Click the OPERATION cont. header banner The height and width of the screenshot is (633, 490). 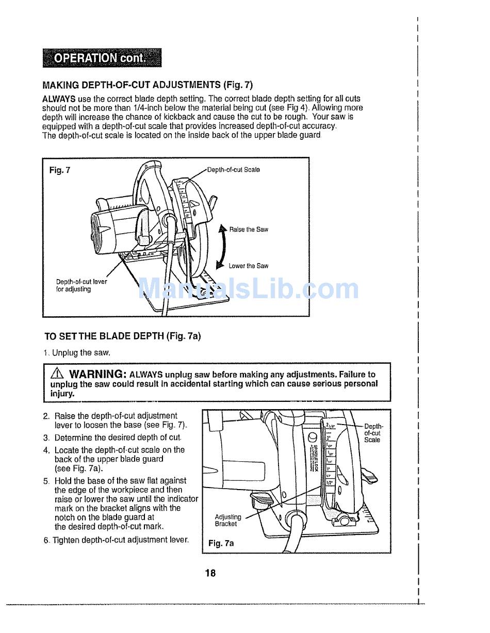102,58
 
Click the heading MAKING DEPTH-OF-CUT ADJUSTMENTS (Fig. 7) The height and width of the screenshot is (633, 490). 147,85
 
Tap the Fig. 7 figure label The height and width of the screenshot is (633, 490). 59,170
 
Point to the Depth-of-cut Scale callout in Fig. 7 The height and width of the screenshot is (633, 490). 233,170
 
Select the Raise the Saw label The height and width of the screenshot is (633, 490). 249,230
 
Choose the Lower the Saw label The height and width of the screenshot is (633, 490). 248,266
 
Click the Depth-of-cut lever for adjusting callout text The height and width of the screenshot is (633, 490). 81,286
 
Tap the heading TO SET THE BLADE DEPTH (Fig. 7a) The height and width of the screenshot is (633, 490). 122,336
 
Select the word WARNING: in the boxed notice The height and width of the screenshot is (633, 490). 97,374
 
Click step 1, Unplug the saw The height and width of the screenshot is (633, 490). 77,353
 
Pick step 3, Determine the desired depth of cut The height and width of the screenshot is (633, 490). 112,437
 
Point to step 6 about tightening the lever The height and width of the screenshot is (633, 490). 116,540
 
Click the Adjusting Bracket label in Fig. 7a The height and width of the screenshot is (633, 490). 227,520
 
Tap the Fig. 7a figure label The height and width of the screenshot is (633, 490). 221,543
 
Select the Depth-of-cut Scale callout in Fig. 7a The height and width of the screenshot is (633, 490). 372,433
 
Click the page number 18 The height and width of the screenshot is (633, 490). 210,573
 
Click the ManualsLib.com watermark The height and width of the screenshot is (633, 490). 249,289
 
